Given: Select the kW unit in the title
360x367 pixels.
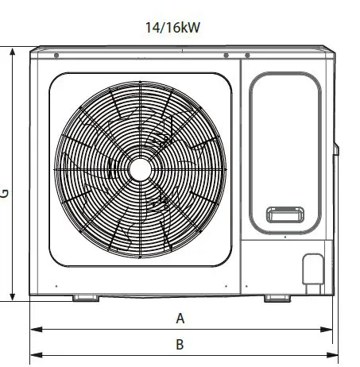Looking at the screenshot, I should click(x=191, y=28).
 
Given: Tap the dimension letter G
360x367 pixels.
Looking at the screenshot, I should click(x=5, y=193).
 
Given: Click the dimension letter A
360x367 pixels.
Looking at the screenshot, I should click(x=180, y=319).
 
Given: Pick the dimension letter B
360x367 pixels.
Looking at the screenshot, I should click(x=180, y=345).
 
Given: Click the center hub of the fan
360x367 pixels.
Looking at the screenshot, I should click(x=140, y=168).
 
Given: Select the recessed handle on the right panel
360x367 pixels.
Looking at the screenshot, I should click(x=284, y=214).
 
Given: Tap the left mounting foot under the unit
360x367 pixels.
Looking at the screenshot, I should click(x=85, y=299).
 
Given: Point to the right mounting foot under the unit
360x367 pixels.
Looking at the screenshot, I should click(x=277, y=299).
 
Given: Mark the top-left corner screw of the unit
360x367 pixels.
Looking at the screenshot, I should click(x=56, y=56).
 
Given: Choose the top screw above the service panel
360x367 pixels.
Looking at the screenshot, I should click(x=247, y=56).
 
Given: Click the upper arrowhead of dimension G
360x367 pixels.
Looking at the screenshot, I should click(x=14, y=52).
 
